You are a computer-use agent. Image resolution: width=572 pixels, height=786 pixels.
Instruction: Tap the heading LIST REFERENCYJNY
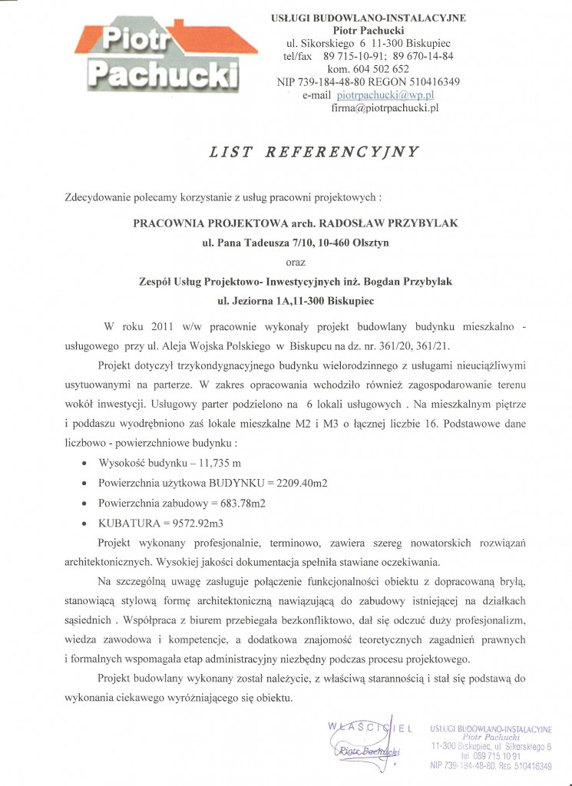tap(315, 152)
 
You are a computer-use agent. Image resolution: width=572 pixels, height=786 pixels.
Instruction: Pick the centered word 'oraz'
tap(295, 262)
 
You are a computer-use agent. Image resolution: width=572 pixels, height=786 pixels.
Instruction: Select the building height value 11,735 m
tap(213, 464)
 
